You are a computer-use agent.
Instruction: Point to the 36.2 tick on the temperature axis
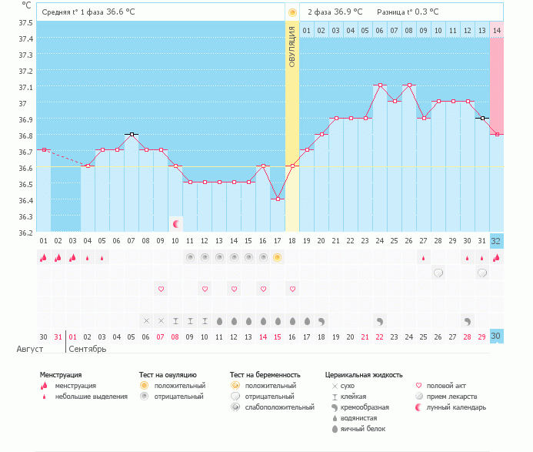pos(26,232)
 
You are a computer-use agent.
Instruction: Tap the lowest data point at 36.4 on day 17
pos(278,199)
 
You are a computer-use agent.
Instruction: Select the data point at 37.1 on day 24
pos(380,85)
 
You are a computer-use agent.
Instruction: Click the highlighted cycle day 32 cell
pos(496,240)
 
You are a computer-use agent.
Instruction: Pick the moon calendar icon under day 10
pos(175,224)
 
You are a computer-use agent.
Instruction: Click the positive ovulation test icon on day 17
pos(278,257)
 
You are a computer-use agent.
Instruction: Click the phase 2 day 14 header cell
pos(497,31)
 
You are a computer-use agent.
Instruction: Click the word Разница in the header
pos(391,13)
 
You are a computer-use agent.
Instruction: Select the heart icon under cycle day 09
pos(161,289)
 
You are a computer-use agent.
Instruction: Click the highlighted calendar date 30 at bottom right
pos(496,336)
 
